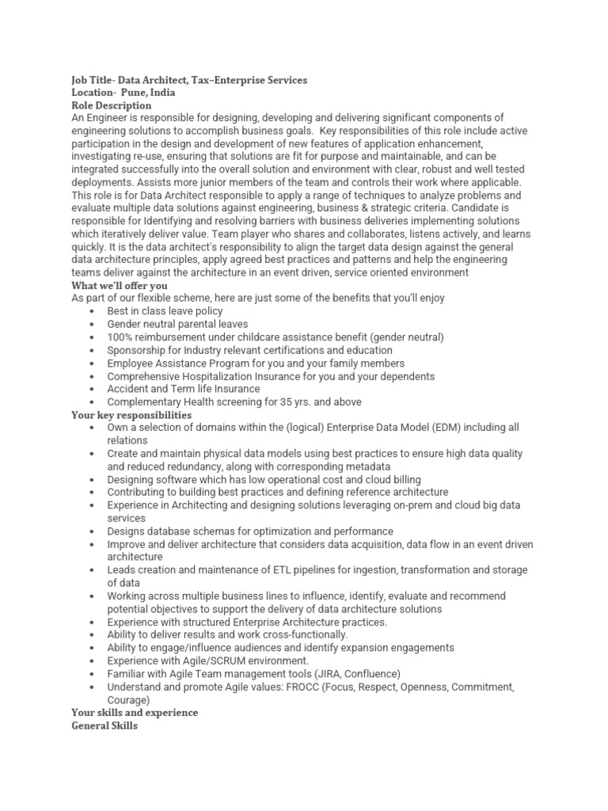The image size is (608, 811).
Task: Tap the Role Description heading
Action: click(111, 105)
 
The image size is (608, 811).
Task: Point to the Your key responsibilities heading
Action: click(131, 414)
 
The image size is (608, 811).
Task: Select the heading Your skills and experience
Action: click(135, 713)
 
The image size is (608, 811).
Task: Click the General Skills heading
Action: click(104, 725)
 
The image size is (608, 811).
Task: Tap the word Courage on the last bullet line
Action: click(127, 700)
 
